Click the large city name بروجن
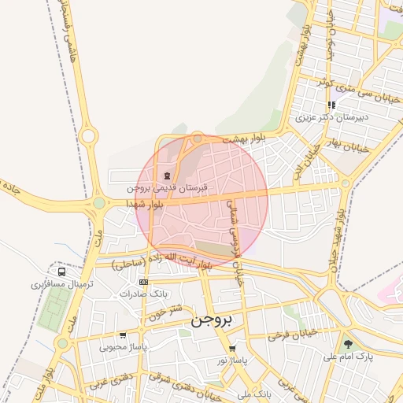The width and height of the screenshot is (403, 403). (213, 321)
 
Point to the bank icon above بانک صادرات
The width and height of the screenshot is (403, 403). (142, 282)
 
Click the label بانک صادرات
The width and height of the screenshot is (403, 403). (144, 294)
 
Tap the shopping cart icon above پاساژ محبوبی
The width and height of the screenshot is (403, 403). (123, 335)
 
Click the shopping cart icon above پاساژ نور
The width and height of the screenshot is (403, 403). (231, 349)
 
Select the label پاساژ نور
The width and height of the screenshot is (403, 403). (232, 360)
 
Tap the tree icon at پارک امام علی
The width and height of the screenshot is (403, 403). (348, 344)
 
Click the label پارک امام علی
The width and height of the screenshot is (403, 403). (346, 357)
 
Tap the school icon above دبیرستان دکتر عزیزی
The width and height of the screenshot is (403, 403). (331, 105)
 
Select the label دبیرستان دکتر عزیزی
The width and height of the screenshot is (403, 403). (331, 118)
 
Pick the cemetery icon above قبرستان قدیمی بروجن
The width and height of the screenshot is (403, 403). (166, 176)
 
